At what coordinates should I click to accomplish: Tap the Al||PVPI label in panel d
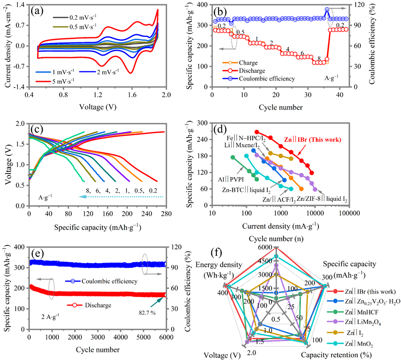point(231,179)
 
